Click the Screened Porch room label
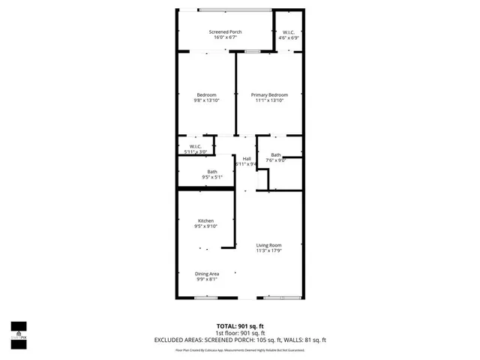(x=225, y=32)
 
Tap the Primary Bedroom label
(x=269, y=95)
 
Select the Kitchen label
(x=205, y=220)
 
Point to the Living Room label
(x=268, y=245)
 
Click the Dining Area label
(x=206, y=274)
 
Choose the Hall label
(x=246, y=158)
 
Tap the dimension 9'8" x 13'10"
(x=206, y=100)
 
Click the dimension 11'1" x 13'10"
(x=269, y=100)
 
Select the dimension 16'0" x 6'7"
(x=225, y=37)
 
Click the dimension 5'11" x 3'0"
(x=195, y=151)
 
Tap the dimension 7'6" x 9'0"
(x=276, y=160)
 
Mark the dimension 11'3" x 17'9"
(x=268, y=250)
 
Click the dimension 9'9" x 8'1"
(x=206, y=279)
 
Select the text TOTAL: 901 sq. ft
(x=241, y=327)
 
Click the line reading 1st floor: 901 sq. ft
(x=241, y=333)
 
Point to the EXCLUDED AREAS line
(x=241, y=340)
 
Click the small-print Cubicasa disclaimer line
(x=241, y=349)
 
